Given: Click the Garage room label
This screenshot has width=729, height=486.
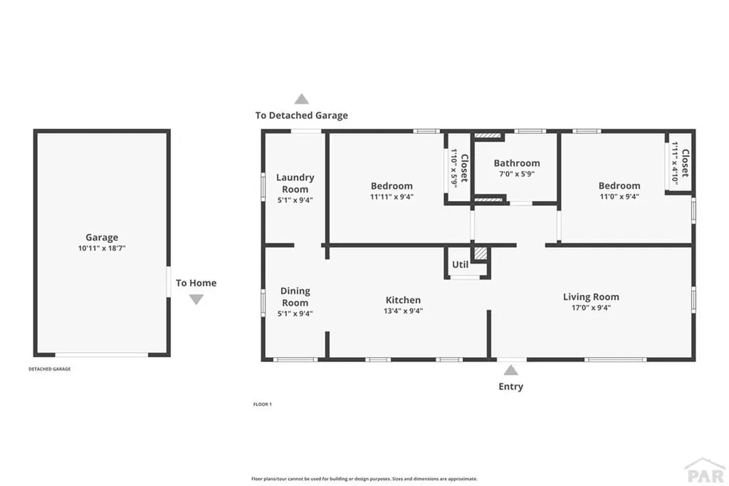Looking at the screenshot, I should pos(102,237).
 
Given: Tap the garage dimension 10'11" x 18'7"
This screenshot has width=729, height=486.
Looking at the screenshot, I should pos(102,248).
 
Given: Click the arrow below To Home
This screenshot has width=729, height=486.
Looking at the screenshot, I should pos(196,299).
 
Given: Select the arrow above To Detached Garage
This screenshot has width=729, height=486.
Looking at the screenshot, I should pos(302,99).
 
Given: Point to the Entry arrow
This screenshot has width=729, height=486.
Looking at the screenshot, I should pos(510,370).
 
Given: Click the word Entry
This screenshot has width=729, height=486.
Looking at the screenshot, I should pos(510,386).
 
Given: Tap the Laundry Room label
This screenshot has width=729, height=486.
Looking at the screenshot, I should pos(295,183).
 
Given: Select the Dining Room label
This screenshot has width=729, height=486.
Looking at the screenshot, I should pos(295,296).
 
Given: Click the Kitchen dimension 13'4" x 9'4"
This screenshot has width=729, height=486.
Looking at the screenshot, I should pos(403,311).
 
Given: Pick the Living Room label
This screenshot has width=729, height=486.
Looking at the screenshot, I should pos(591,296).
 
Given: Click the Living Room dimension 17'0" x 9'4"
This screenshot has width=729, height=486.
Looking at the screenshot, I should pos(591,308).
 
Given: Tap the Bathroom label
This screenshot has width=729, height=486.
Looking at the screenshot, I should pos(517,163).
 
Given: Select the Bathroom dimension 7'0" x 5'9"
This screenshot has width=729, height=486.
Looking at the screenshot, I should pos(517,174).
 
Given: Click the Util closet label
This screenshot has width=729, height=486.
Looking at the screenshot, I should pos(460,264).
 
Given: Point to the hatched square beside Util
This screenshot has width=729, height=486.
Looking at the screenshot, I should pos(481,253).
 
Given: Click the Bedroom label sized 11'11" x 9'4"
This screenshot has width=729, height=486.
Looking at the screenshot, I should pos(391,185).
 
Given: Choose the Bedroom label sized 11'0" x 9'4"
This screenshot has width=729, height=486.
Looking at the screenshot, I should pos(619,185).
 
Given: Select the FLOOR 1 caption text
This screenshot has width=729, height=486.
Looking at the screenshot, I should pos(262,404).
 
